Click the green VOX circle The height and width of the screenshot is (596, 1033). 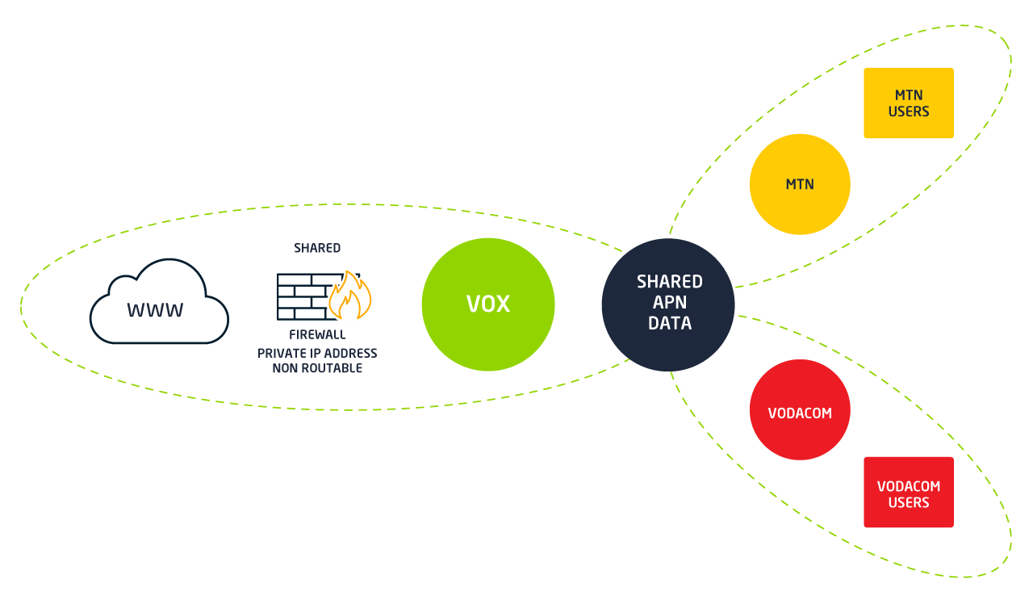point(488,304)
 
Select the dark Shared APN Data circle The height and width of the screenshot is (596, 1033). point(668,304)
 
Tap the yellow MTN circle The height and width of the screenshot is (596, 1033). point(800,184)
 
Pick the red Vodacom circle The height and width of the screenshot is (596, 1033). point(800,410)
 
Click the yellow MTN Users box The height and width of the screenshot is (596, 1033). point(909,103)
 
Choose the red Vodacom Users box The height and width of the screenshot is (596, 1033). point(909,493)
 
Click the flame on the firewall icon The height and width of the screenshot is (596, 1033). point(350,296)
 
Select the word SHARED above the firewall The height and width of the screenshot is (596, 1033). point(317,248)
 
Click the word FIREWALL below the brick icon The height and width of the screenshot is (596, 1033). point(317,334)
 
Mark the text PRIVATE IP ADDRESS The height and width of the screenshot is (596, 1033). point(317,353)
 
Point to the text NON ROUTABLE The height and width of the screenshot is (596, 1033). point(317,368)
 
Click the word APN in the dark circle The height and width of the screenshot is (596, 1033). point(669,303)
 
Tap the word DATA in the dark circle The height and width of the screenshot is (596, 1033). point(669,324)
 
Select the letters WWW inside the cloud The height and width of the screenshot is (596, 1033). point(155,310)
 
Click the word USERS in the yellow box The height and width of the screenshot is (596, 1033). point(909,112)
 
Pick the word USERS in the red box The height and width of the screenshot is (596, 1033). point(909,502)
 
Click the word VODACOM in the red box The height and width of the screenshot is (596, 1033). point(909,486)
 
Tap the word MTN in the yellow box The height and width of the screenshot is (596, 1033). point(909,95)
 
